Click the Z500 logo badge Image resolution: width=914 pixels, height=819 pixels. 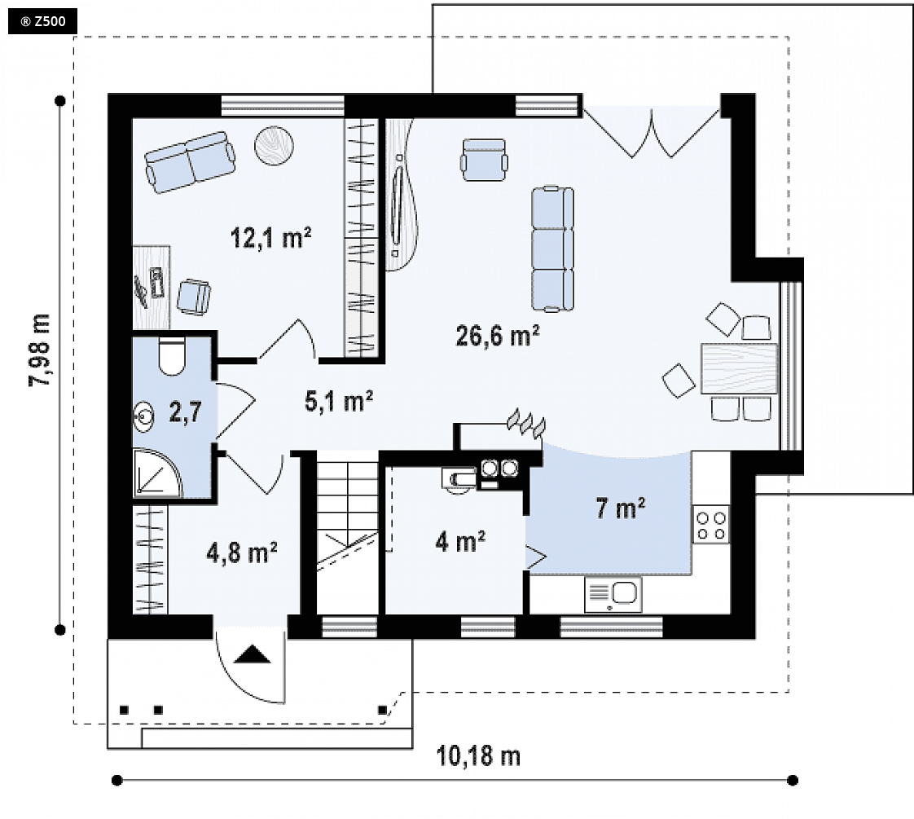(x=42, y=21)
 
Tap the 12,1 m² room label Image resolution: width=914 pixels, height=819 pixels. (x=270, y=237)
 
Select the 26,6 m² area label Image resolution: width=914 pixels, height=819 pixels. (x=497, y=336)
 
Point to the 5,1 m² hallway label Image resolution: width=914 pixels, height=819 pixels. (x=339, y=401)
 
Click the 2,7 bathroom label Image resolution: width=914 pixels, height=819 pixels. (x=186, y=412)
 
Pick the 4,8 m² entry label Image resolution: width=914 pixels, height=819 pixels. (x=241, y=553)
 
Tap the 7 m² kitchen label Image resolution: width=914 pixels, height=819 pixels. (x=620, y=508)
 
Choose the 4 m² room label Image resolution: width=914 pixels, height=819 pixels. (x=460, y=542)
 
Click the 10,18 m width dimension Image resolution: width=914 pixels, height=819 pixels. (x=478, y=756)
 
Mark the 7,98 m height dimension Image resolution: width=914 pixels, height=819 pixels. (x=40, y=350)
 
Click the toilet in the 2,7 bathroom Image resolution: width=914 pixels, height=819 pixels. (x=171, y=356)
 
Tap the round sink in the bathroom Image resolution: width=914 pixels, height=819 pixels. (x=144, y=416)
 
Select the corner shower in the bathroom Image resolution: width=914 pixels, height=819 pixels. (x=156, y=473)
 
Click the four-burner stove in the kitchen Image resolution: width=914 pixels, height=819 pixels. (x=711, y=525)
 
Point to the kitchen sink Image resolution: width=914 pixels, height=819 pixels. (x=613, y=595)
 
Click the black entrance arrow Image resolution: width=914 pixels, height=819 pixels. (x=253, y=654)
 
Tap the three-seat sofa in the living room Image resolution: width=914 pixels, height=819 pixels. (x=552, y=249)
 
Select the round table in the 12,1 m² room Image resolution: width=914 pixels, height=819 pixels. (x=274, y=145)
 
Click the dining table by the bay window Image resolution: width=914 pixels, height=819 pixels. (x=739, y=368)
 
